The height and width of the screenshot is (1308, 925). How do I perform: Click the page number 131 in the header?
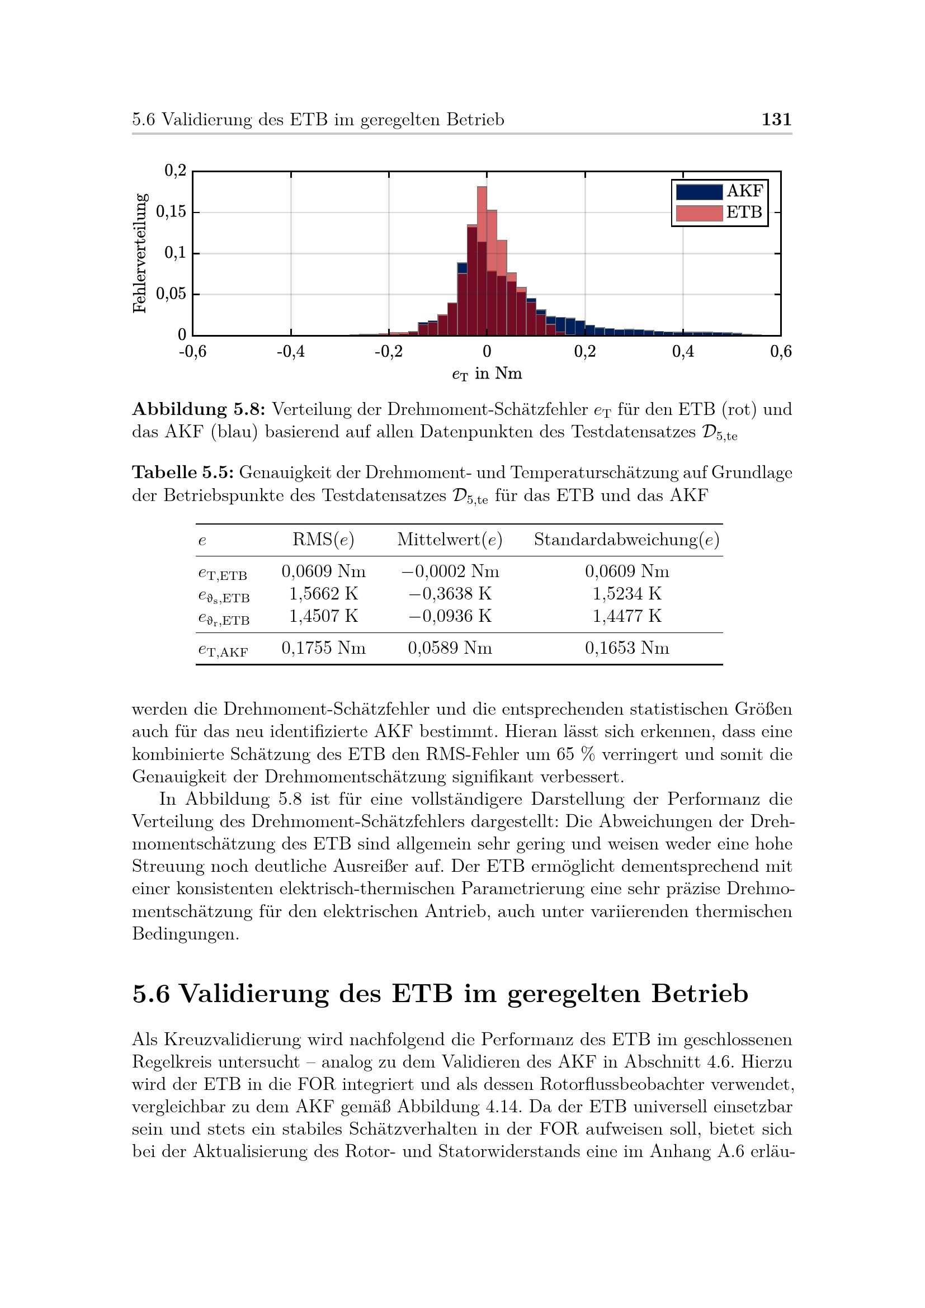[x=776, y=119]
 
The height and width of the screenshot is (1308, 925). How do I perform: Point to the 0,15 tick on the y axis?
[x=171, y=212]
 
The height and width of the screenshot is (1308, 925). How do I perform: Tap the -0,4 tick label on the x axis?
[x=290, y=352]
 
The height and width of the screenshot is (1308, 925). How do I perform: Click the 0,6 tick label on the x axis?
[x=780, y=352]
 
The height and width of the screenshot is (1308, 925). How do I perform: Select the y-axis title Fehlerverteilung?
[x=140, y=253]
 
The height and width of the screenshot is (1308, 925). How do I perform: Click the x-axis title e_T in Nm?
[x=487, y=374]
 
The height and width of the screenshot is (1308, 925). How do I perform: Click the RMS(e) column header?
[x=323, y=540]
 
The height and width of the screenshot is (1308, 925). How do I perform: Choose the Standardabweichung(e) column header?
[x=626, y=540]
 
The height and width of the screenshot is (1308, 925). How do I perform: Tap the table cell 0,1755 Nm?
[x=323, y=648]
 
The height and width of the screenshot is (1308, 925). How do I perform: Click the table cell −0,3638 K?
[x=450, y=594]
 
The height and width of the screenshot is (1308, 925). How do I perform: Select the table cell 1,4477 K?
[x=626, y=616]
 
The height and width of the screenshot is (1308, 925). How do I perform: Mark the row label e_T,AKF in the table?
[x=223, y=649]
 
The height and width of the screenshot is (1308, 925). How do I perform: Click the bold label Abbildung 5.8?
[x=199, y=409]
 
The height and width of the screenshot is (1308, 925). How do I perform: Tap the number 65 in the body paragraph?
[x=565, y=754]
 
